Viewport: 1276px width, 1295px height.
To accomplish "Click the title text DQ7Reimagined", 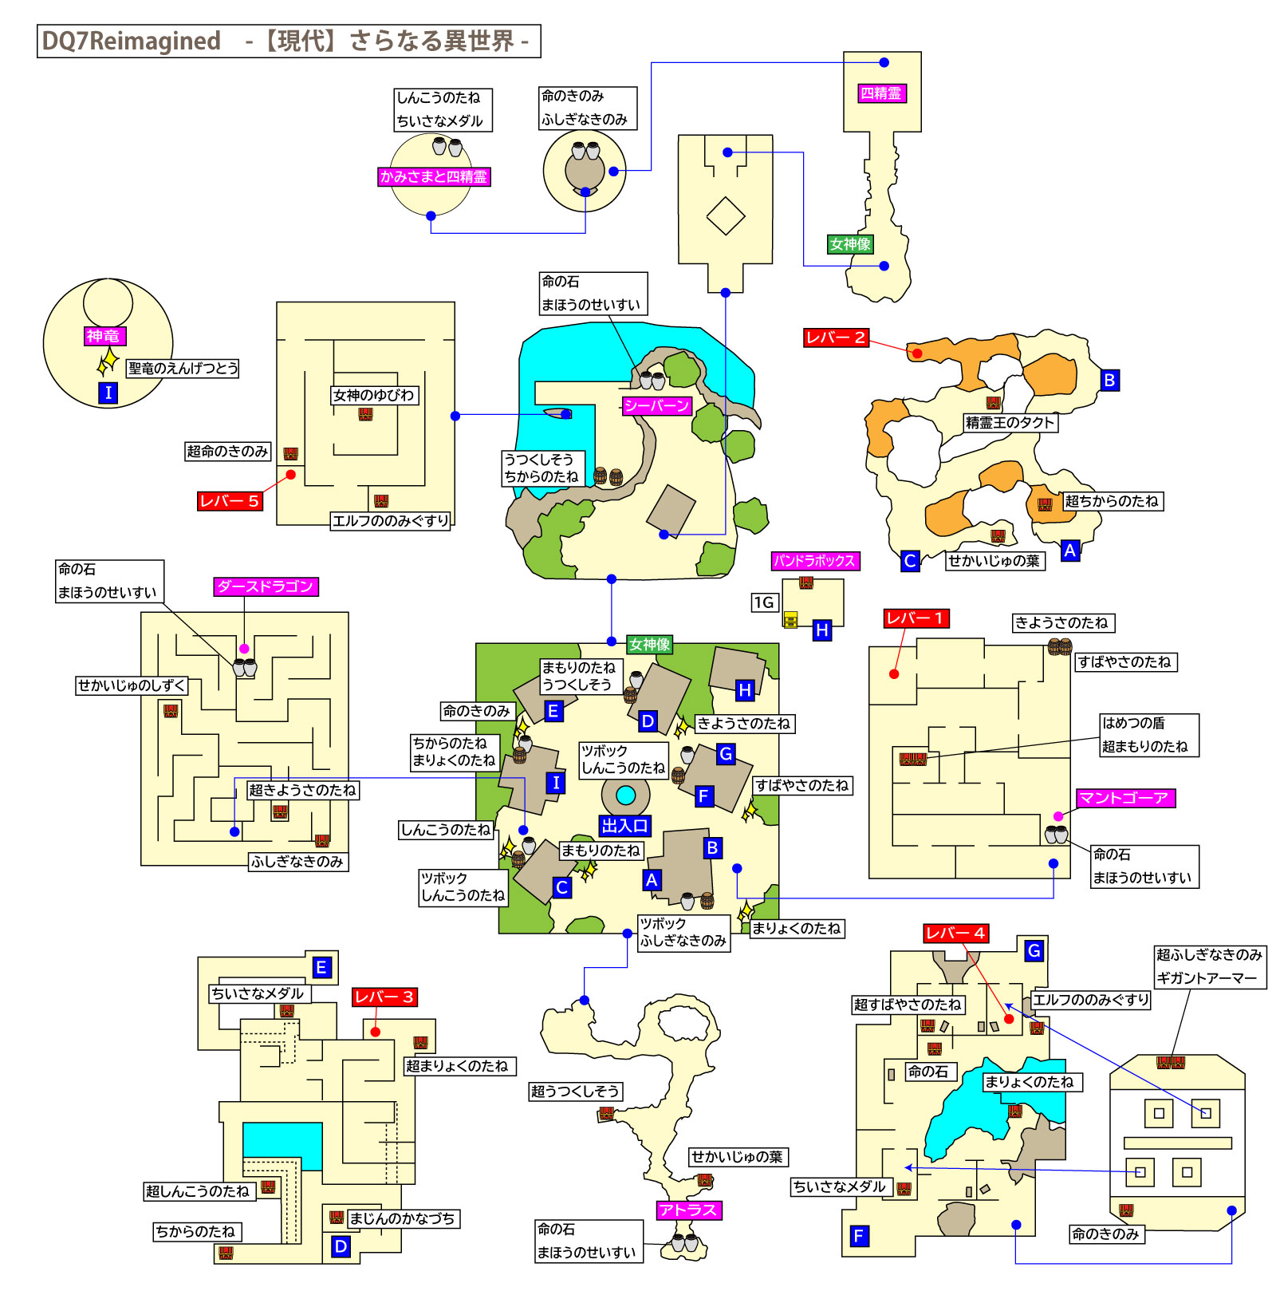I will coord(131,41).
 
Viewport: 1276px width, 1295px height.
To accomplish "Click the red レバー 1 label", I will coord(916,618).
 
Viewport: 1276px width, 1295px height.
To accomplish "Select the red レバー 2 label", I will coord(835,338).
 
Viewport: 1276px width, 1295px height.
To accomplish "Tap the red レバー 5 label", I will coord(230,501).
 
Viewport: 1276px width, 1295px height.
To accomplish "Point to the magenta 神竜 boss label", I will coord(105,336).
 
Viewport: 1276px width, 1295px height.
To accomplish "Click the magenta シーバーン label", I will coord(656,406).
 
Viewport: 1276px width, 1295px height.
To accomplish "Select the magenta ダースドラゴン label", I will coord(266,586).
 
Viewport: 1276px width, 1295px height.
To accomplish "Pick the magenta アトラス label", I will coord(688,1210).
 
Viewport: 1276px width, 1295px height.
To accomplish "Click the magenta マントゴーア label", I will coord(1124,798).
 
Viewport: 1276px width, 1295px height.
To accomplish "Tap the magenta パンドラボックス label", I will coord(814,561).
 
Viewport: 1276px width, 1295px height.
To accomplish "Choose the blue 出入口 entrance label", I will coord(624,826).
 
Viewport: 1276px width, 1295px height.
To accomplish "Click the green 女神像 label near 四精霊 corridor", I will coord(850,244).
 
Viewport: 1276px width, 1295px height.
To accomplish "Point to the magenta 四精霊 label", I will coord(881,93).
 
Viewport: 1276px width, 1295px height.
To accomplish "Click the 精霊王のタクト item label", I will coord(1010,423).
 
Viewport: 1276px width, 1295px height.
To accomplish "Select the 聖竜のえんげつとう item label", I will coord(183,368).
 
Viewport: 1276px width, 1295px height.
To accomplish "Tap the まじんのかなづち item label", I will coord(402,1218).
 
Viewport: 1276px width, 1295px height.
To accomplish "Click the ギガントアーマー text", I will coord(1206,978).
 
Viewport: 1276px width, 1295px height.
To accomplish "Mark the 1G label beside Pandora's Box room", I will coord(764,602).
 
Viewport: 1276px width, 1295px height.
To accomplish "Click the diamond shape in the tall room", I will coord(725,216).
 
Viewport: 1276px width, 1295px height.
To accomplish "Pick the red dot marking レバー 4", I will coord(1009,1019).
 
